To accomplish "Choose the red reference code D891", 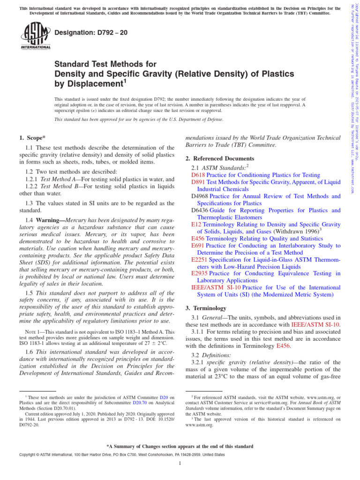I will click(x=198, y=182).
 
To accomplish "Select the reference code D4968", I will click(x=200, y=196).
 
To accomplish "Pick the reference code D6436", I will click(x=200, y=210).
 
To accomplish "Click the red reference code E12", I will click(x=196, y=225).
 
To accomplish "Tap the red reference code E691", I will click(x=198, y=246).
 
